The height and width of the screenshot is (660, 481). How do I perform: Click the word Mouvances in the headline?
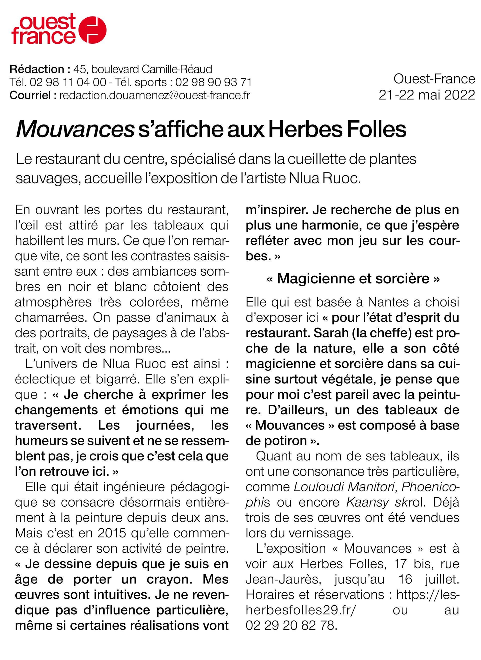coord(75,129)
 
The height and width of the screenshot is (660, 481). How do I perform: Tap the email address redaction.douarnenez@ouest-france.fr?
coord(154,95)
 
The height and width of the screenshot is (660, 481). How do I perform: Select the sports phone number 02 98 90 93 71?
coord(213,82)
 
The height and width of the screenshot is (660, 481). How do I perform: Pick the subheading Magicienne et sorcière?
coord(353,278)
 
